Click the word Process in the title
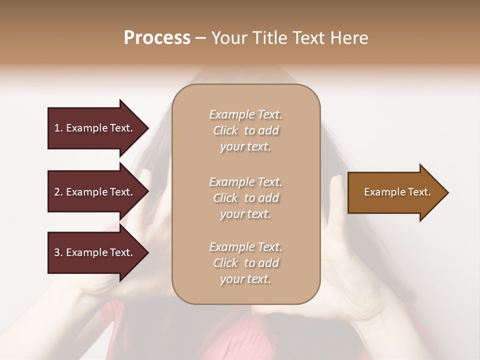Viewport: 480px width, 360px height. (x=157, y=38)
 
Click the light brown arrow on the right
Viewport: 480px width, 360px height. (x=395, y=192)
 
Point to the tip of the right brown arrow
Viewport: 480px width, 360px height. (x=447, y=192)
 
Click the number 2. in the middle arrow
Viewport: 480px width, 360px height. (x=58, y=192)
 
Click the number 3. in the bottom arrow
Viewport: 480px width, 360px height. (x=58, y=252)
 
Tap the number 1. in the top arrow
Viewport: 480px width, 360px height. (x=58, y=128)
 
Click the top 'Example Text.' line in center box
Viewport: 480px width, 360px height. (x=245, y=114)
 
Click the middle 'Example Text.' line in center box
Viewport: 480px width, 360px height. (x=245, y=182)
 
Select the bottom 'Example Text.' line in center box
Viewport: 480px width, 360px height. (x=245, y=247)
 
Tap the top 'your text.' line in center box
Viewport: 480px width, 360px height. (x=245, y=147)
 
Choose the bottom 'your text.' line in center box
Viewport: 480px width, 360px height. (x=245, y=279)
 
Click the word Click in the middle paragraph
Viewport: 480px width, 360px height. (x=225, y=198)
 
